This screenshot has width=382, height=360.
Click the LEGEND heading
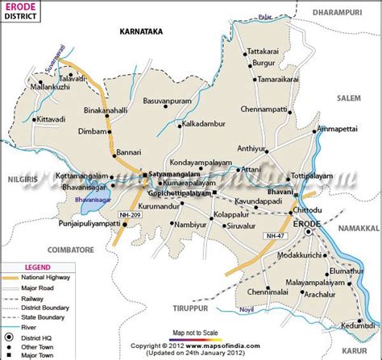click(x=37, y=267)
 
